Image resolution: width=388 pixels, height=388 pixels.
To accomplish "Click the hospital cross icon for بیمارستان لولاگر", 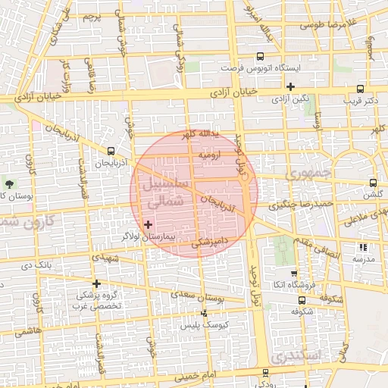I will (148, 224).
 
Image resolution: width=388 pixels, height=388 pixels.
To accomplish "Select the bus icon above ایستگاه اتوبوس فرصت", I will (261, 55).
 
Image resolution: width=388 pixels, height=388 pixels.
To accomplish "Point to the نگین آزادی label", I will (290, 99).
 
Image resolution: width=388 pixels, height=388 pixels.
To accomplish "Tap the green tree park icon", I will (9, 184).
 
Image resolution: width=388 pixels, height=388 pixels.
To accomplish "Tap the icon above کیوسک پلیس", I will (203, 313).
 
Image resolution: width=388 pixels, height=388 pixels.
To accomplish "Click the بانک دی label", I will (37, 265).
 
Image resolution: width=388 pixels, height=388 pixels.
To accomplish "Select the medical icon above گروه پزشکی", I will (97, 283).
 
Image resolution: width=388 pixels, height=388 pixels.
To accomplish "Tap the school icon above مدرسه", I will (363, 247).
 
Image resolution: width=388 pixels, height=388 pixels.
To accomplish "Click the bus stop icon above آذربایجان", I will (111, 150).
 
